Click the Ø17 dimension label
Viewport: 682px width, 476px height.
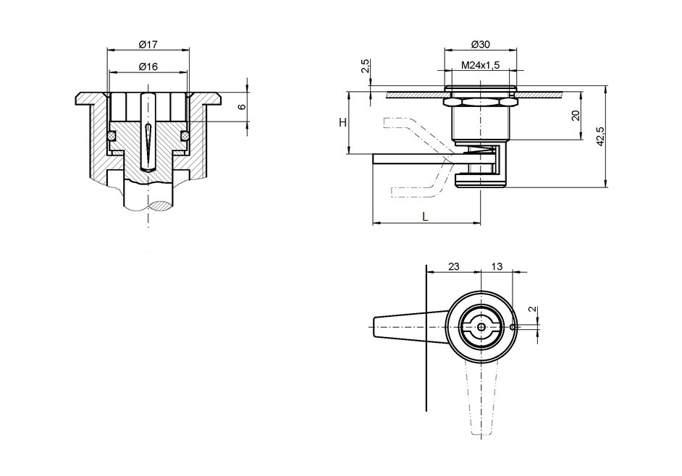point(148,45)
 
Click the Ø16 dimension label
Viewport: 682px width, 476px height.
point(148,67)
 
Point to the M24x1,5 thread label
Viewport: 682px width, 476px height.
point(481,66)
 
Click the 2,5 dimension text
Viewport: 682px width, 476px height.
point(366,67)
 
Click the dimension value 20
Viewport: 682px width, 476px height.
point(576,116)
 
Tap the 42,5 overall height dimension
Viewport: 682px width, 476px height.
point(600,137)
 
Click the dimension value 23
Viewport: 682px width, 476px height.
point(453,266)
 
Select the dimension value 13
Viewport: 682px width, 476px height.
point(497,266)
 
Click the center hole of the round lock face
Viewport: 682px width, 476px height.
point(481,327)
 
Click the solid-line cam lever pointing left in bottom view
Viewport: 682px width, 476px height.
point(405,327)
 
